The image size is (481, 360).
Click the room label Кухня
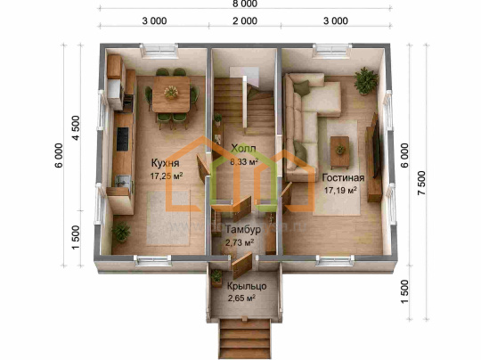(165, 163)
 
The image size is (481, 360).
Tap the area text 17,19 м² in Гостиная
(340, 191)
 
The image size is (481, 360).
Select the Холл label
(243, 149)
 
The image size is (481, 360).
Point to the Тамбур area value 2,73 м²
(240, 242)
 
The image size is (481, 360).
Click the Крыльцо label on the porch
(247, 286)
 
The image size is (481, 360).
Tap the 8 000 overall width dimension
(244, 4)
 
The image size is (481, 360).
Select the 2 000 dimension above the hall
(244, 20)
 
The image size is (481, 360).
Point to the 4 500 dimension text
(76, 127)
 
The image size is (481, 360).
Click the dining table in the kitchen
(171, 94)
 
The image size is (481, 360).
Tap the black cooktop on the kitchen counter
(122, 139)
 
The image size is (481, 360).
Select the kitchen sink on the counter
(123, 181)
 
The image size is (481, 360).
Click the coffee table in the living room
(339, 152)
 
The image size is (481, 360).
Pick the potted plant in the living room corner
(365, 81)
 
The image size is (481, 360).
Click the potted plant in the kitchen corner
(121, 232)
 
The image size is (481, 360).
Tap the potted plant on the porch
(216, 277)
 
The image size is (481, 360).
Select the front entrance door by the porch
(241, 265)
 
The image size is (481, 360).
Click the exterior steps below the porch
(244, 339)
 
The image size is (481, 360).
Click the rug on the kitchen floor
(168, 218)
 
